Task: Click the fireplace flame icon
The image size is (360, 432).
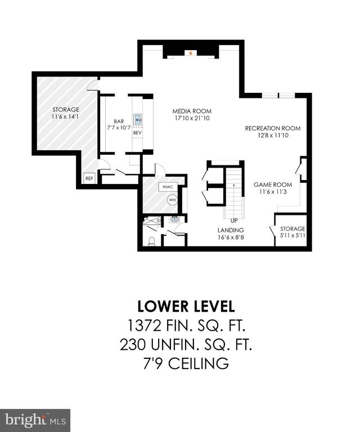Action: (190, 53)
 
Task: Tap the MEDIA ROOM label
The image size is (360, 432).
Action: (192, 111)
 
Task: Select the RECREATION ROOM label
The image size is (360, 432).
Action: (273, 128)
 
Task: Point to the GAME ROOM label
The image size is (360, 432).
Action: (273, 184)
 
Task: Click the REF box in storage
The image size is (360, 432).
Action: (89, 178)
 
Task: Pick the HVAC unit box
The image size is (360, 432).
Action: (168, 187)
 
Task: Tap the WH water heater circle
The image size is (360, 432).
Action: (173, 200)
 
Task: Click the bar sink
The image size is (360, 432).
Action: (138, 120)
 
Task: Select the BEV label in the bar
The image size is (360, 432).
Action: (137, 133)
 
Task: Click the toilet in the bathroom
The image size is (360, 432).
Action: (152, 241)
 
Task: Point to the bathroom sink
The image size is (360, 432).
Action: (174, 219)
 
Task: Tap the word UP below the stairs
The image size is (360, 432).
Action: (234, 220)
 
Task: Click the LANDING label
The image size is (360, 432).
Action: (231, 230)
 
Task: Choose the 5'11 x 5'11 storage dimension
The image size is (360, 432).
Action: (292, 236)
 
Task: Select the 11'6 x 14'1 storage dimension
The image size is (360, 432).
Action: (66, 117)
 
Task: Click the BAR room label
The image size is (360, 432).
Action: (119, 121)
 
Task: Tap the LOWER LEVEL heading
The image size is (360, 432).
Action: (186, 307)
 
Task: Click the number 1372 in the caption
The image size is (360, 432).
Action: (144, 326)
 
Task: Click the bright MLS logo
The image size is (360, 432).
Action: (35, 421)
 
